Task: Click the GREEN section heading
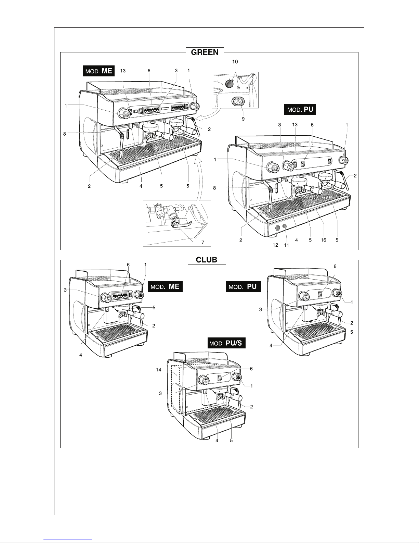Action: coord(205,52)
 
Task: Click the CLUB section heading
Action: coord(207,260)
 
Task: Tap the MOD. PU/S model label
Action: coord(226,343)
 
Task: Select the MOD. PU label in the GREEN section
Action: coord(300,109)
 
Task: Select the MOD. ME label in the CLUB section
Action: coord(165,286)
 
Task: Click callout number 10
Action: coord(235,62)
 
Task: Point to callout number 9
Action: coord(243,119)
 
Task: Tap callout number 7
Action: coord(203,243)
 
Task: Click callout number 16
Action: coord(324,240)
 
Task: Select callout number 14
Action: coord(159,370)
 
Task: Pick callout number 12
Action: coord(275,245)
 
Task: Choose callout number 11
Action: coord(286,245)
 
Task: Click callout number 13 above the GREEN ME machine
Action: coord(123,71)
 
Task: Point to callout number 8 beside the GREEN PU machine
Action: coord(214,188)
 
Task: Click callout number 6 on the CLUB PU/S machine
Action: coord(251,369)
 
